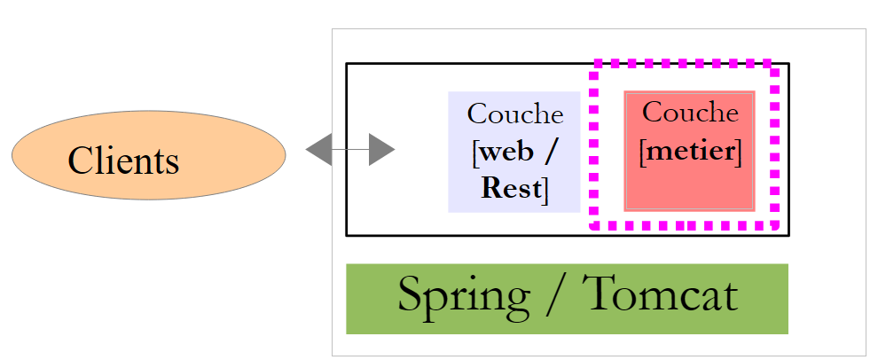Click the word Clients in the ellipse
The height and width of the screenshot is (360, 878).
pos(123,160)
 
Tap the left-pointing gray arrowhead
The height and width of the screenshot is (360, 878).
pos(318,150)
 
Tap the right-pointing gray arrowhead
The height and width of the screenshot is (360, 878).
pos(381,150)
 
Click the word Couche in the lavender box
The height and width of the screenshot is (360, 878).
pos(514,113)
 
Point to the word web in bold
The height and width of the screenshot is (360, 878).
pos(506,152)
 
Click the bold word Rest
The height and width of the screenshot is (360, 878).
pos(511,188)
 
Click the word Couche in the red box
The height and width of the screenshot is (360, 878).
pos(689,113)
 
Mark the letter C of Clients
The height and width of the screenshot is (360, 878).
pos(80,160)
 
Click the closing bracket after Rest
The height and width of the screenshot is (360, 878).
pos(545,190)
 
